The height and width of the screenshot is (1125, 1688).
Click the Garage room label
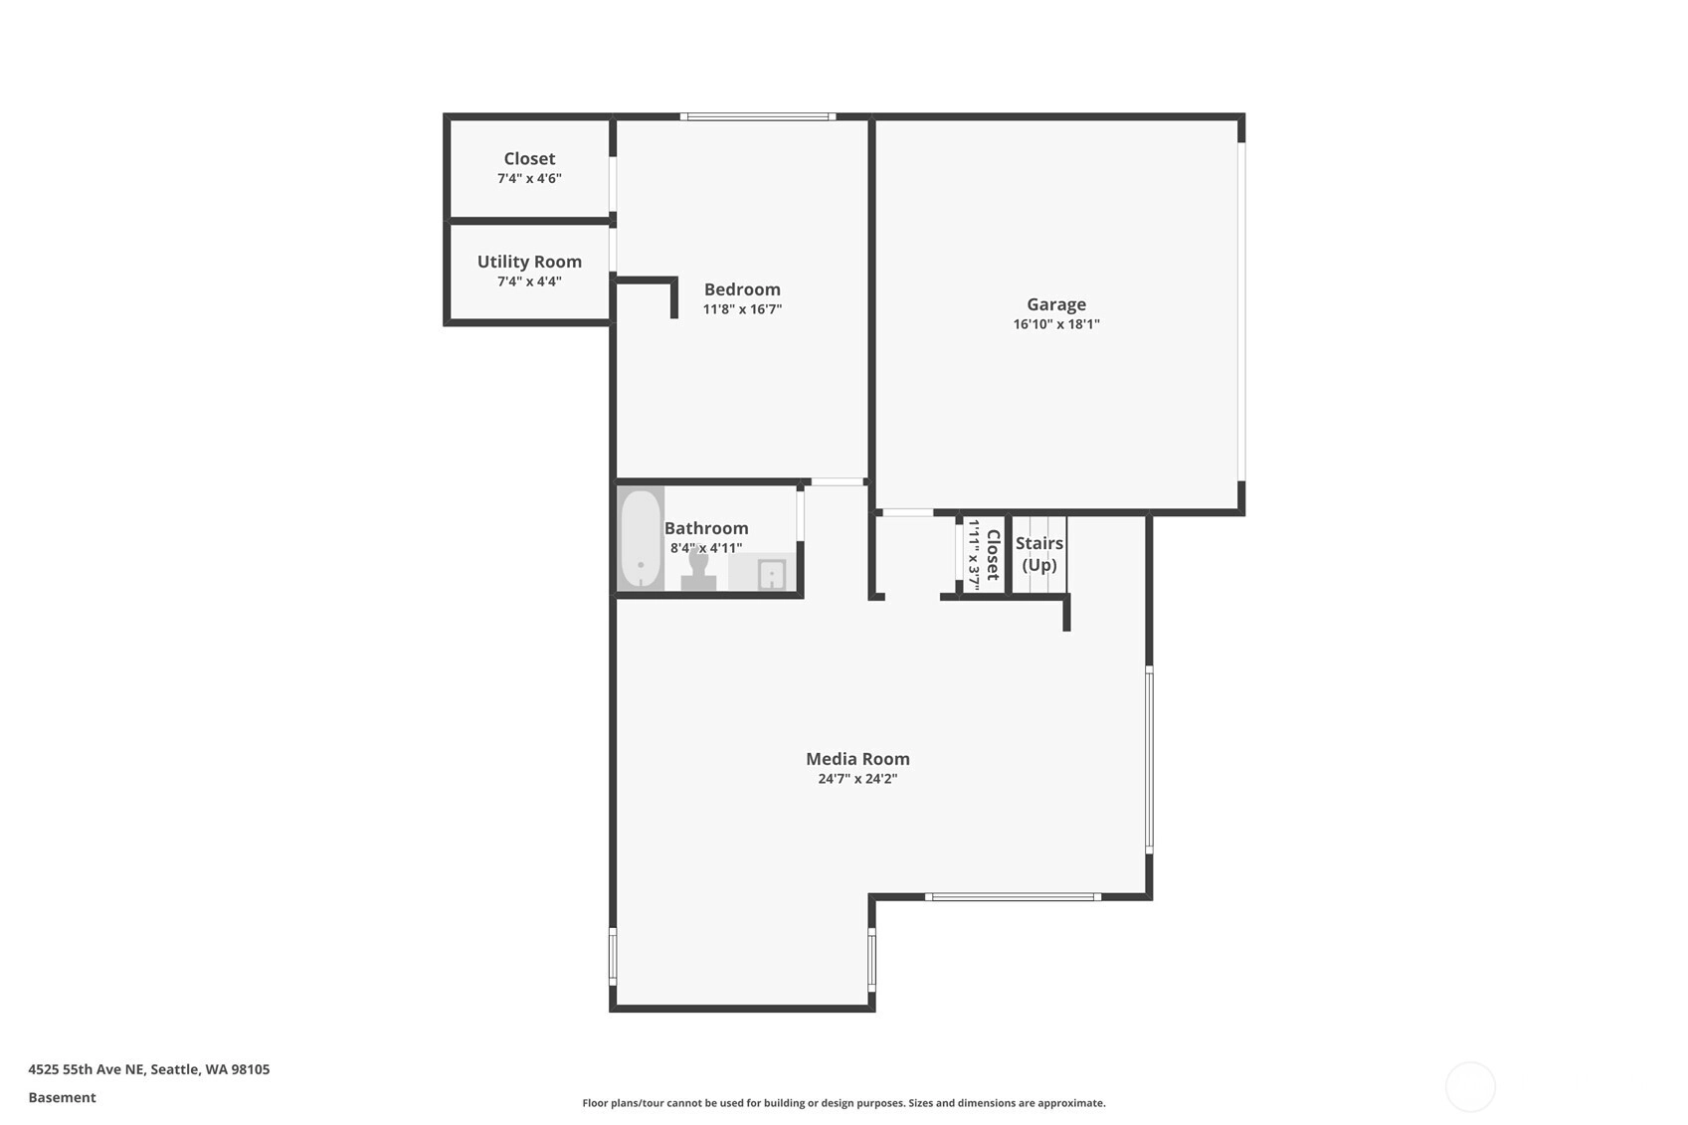coord(1055,304)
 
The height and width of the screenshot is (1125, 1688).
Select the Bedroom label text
coord(742,289)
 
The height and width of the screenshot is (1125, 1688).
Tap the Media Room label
coord(857,759)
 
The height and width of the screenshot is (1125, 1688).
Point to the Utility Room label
coord(529,262)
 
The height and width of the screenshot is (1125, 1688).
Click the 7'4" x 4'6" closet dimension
coord(529,179)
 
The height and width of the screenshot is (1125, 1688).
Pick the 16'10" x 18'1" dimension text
coord(1055,324)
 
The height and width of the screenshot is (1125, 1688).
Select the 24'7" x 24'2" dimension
coord(857,779)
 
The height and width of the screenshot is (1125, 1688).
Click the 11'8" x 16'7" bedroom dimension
coord(742,309)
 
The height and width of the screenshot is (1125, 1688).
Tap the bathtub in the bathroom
coord(641,539)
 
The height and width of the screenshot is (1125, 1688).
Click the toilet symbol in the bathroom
coord(698,570)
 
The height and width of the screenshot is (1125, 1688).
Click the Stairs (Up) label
coord(1039,554)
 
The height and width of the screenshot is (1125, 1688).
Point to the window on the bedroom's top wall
coord(758,116)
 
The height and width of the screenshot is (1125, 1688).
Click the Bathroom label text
coord(706,528)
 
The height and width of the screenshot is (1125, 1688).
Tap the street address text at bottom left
coord(149,1069)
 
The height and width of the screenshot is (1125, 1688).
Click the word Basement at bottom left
coord(62,1098)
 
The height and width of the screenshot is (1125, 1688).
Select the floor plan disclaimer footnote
coord(844,1103)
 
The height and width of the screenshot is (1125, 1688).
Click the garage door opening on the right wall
coord(1242,311)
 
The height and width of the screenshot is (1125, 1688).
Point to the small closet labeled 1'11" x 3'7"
coord(984,555)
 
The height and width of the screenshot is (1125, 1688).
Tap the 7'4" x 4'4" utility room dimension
coord(529,281)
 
